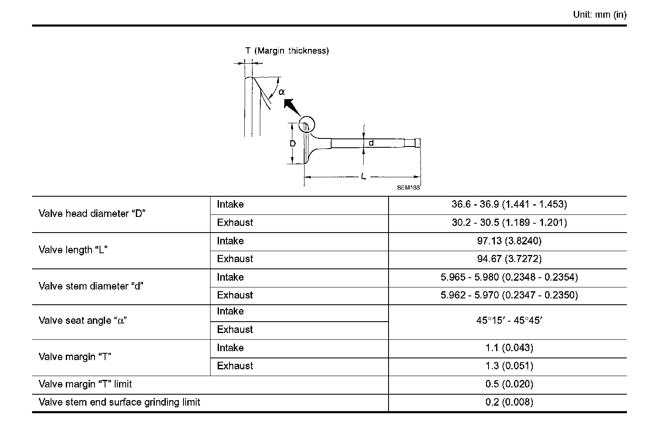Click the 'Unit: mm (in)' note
click(599, 15)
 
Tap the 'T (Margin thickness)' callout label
click(287, 51)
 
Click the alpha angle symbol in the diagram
click(281, 92)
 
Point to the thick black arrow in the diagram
click(291, 107)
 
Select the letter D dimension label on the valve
click(292, 144)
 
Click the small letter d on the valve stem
click(371, 143)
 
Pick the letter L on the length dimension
click(363, 176)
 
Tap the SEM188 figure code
click(408, 188)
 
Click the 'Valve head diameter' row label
click(92, 214)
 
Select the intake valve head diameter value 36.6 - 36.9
click(509, 205)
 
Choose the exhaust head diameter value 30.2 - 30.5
click(509, 223)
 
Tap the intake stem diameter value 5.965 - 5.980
click(509, 277)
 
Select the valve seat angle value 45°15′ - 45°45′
click(509, 321)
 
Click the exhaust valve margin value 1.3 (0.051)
click(509, 366)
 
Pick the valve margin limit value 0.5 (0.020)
click(509, 385)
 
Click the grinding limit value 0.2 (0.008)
click(509, 402)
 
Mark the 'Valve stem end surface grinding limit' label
click(119, 402)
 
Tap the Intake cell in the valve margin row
click(230, 348)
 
